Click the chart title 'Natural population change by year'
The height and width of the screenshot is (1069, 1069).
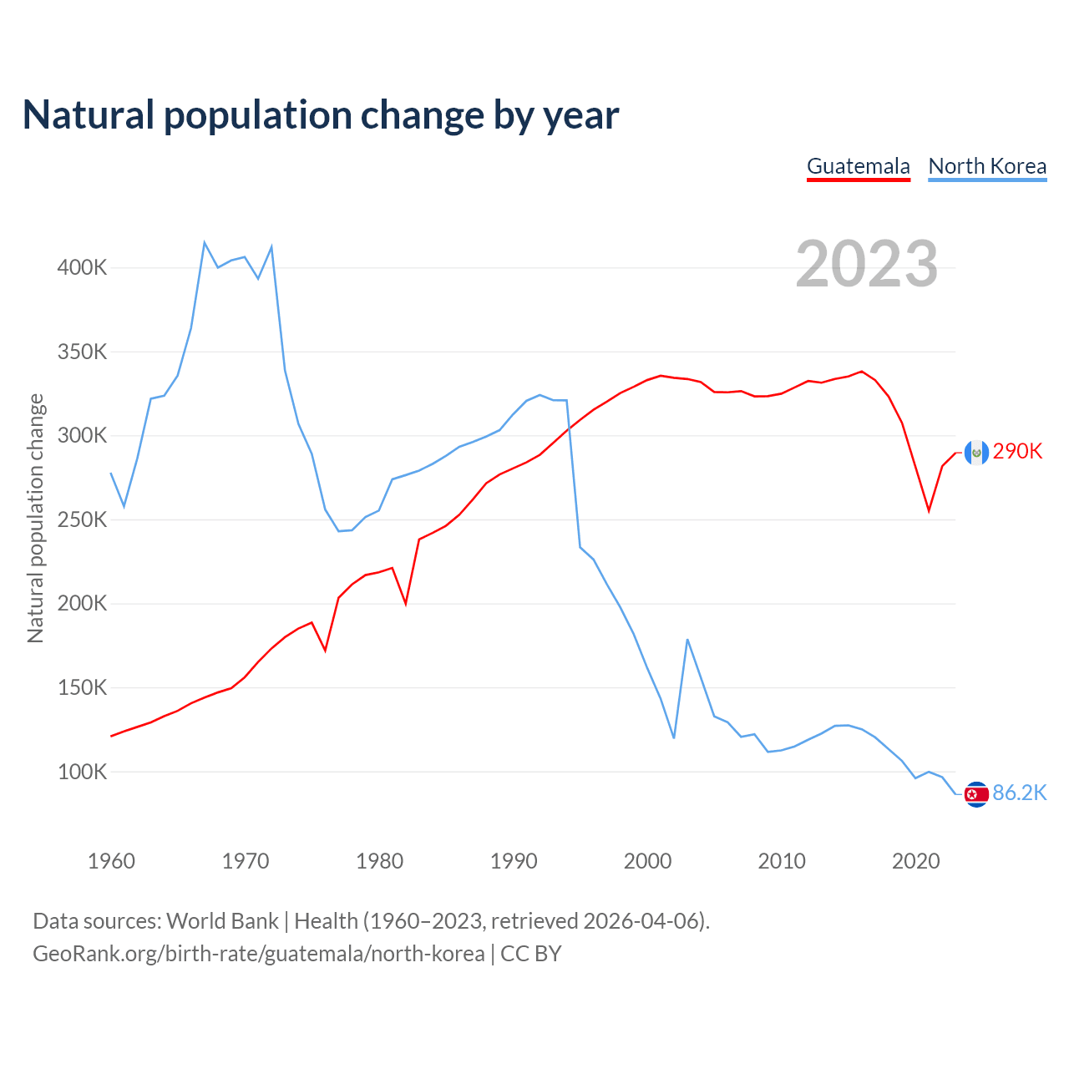pyautogui.click(x=321, y=115)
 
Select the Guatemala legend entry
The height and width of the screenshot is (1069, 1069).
pyautogui.click(x=858, y=166)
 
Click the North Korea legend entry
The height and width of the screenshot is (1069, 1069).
pyautogui.click(x=987, y=166)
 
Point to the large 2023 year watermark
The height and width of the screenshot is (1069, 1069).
pyautogui.click(x=866, y=264)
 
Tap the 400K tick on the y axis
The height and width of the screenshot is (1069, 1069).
pyautogui.click(x=82, y=268)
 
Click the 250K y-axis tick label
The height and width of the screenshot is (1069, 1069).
pyautogui.click(x=82, y=519)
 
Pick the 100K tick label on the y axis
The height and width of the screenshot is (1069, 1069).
pyautogui.click(x=82, y=772)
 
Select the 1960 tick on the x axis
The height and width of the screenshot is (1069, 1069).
pyautogui.click(x=111, y=861)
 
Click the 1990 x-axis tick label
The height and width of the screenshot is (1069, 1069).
pyautogui.click(x=514, y=861)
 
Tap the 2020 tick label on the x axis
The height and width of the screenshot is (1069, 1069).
pyautogui.click(x=916, y=861)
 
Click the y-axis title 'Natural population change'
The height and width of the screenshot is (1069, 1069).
pyautogui.click(x=35, y=519)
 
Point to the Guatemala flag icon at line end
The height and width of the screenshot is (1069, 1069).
pyautogui.click(x=976, y=453)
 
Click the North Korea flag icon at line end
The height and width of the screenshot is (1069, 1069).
pyautogui.click(x=976, y=794)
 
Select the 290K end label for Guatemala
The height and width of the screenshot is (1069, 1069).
pyautogui.click(x=1017, y=452)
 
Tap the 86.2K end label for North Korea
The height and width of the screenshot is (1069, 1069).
pyautogui.click(x=1019, y=793)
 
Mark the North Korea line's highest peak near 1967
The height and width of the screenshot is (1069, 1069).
pyautogui.click(x=205, y=243)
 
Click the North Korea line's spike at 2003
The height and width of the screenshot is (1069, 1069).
pyautogui.click(x=687, y=640)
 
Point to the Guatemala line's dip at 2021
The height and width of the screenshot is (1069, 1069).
pyautogui.click(x=929, y=510)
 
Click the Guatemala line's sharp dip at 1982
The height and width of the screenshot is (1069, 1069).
pyautogui.click(x=406, y=603)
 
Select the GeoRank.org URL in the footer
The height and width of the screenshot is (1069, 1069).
pyautogui.click(x=259, y=954)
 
